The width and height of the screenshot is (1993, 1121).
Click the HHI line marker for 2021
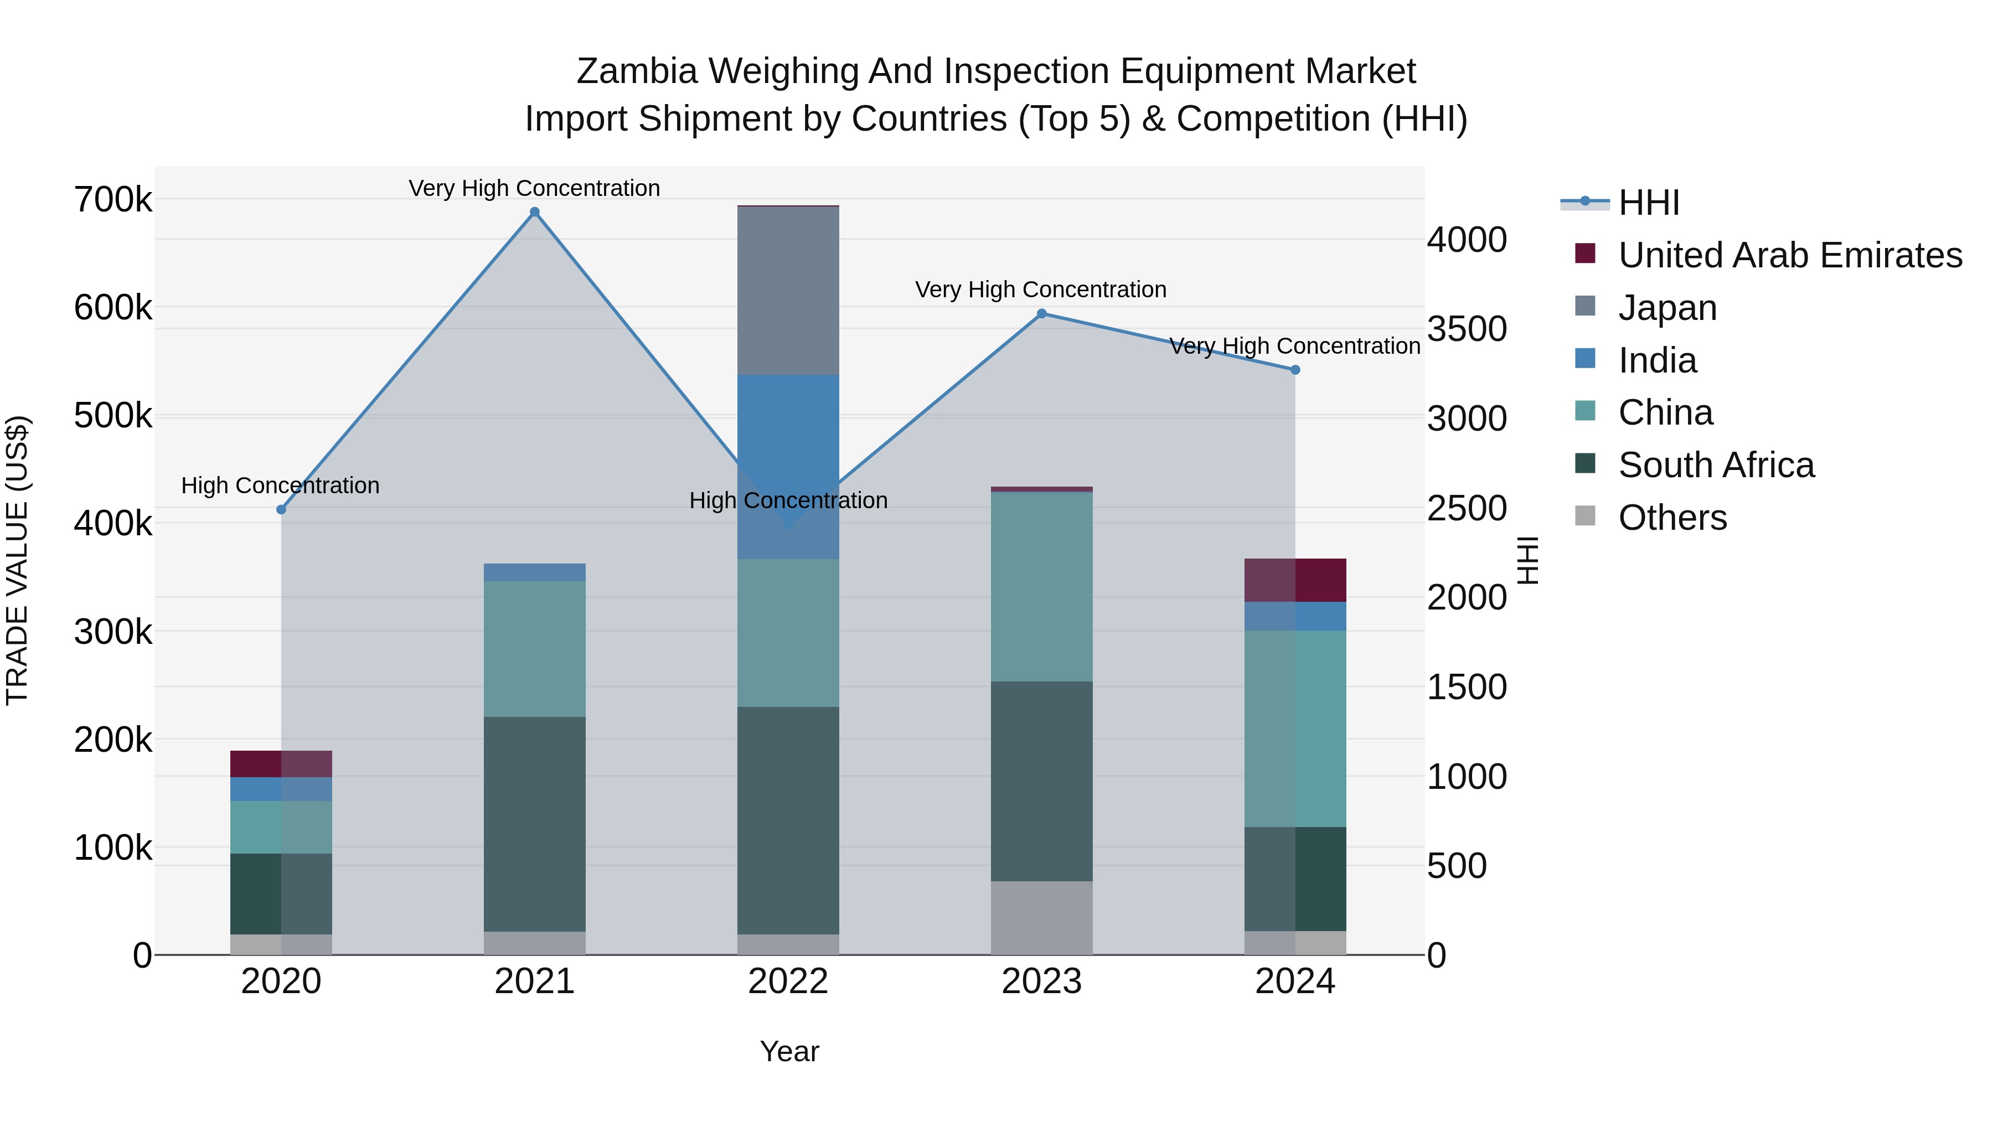point(535,212)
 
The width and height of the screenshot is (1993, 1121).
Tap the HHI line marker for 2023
point(1041,313)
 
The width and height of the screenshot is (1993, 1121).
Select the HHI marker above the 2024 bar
point(1295,370)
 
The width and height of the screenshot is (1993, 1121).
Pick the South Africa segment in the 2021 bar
point(535,823)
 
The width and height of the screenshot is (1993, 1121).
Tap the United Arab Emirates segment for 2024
point(1295,580)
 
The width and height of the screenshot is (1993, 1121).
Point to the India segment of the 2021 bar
point(535,572)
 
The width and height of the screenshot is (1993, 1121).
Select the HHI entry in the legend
point(1648,203)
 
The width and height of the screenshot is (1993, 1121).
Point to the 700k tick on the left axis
point(113,200)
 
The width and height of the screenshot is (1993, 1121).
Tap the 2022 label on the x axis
point(788,981)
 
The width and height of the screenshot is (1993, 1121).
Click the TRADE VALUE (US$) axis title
point(17,560)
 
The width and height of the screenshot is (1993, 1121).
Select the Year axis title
point(789,1051)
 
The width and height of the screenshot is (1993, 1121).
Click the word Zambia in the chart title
point(636,71)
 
